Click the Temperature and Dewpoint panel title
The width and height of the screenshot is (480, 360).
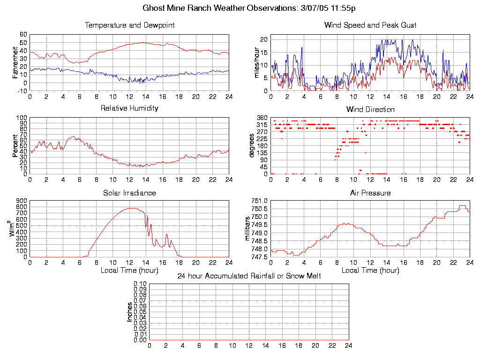coord(129,25)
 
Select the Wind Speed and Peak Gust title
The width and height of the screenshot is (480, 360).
coord(370,25)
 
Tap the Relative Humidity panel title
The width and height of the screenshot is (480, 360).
coord(129,108)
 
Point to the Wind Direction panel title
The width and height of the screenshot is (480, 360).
coord(370,110)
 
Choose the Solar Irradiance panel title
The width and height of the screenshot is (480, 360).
coord(129,193)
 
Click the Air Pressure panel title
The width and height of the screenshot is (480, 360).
coord(370,193)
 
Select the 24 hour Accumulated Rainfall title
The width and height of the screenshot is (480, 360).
coord(249,276)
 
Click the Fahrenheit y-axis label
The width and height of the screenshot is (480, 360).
coord(15,62)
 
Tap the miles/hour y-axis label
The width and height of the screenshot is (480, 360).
coord(256,62)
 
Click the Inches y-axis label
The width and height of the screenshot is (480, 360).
coord(130,312)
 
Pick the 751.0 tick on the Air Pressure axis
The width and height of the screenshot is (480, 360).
coord(259,201)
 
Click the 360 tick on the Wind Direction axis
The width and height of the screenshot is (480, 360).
coord(262,118)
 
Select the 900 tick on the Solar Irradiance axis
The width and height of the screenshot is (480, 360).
coord(22,201)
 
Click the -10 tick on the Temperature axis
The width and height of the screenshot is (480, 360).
coord(22,91)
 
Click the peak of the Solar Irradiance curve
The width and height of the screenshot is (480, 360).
coord(131,208)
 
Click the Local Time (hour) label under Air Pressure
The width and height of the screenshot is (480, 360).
coord(370,270)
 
